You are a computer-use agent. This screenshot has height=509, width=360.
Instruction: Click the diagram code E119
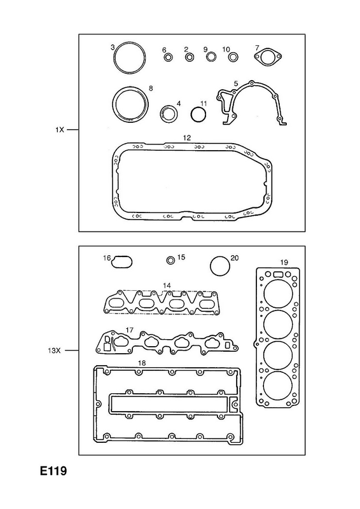53,471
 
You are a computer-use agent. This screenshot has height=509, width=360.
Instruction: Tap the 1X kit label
59,130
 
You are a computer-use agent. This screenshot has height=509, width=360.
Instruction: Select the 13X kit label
54,351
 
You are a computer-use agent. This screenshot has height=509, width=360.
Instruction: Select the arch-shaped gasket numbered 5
252,84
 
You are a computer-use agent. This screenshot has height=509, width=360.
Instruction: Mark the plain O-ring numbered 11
198,108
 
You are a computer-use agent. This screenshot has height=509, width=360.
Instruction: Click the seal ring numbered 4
169,107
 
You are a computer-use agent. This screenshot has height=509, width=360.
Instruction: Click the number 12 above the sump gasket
186,137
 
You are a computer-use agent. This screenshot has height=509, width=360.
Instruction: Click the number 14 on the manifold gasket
167,285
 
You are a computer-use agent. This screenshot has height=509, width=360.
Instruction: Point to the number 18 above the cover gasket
142,363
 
